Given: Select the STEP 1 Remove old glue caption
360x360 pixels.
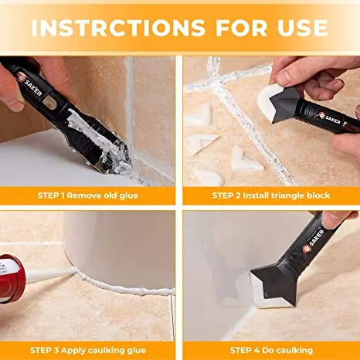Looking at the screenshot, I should click(x=88, y=195).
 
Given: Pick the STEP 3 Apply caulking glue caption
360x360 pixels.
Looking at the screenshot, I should click(x=88, y=351).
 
